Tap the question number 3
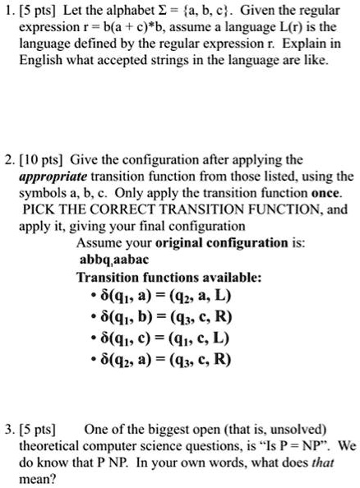(9, 429)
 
